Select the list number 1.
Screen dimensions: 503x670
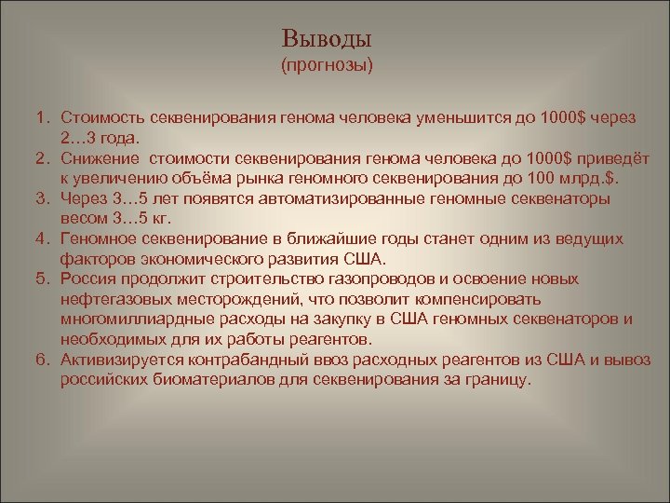click(43, 118)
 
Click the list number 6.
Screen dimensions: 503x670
click(43, 360)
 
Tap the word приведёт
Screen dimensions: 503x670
click(604, 158)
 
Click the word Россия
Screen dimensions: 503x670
click(89, 279)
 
